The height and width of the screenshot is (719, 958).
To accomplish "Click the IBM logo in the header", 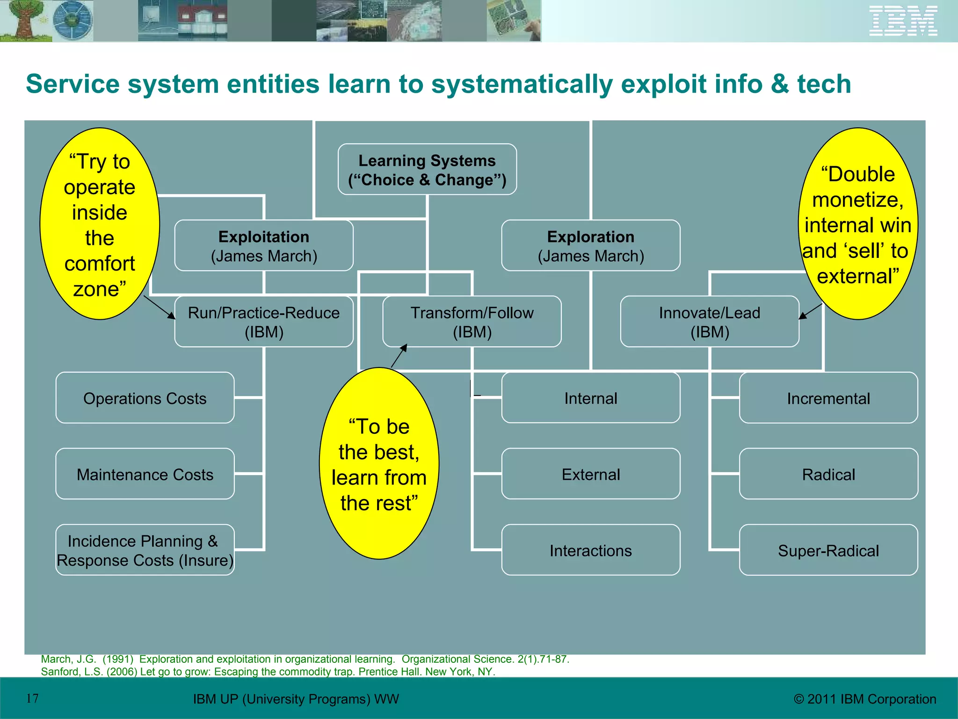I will (x=903, y=21).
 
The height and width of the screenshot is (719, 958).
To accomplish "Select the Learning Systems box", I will (x=427, y=169).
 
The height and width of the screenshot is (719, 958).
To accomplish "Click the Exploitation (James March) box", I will (x=264, y=246).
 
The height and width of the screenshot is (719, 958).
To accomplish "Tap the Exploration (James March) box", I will (x=591, y=246).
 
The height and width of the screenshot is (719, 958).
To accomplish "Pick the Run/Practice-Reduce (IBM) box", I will (x=264, y=322).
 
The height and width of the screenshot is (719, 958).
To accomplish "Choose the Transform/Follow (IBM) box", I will (x=472, y=322).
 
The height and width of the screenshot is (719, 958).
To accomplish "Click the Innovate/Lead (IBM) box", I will (x=710, y=322).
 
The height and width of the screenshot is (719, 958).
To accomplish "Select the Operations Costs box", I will (x=145, y=398).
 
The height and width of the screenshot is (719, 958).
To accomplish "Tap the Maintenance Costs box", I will (x=145, y=474).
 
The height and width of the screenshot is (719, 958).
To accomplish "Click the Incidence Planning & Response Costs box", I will (x=145, y=550).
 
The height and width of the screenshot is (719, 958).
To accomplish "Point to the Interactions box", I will (x=591, y=550).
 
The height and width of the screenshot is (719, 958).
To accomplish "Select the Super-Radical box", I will (x=828, y=550).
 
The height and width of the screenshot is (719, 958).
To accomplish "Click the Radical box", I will (x=828, y=474).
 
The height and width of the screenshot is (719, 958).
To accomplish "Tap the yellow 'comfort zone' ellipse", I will (x=100, y=224).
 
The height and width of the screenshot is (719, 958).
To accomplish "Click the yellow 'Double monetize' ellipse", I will (x=858, y=224).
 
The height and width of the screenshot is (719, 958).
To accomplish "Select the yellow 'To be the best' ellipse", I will (x=379, y=463).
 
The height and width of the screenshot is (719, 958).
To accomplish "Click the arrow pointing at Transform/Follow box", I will (x=399, y=356).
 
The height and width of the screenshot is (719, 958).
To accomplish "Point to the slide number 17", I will (x=32, y=698).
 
